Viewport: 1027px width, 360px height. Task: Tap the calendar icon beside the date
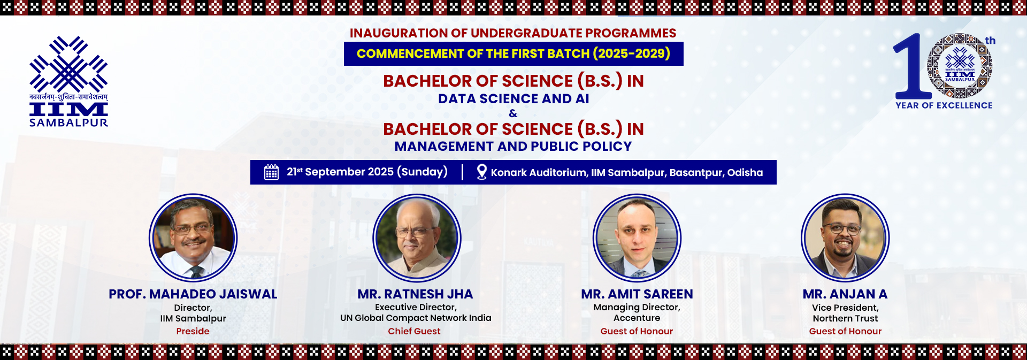[x=271, y=172]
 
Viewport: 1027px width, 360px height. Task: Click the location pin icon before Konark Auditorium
[x=481, y=172]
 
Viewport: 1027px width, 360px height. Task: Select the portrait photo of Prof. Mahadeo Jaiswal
[x=193, y=238]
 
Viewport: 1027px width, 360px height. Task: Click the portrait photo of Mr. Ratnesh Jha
[x=417, y=238]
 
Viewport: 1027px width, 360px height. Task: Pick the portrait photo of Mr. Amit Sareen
[x=637, y=238]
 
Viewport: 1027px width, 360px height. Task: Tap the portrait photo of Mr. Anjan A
[x=845, y=238]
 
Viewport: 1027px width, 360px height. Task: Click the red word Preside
[x=193, y=331]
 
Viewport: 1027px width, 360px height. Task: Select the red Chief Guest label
[x=415, y=331]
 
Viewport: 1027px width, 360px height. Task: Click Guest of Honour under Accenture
[x=637, y=331]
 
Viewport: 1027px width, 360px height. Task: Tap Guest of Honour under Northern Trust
[x=845, y=331]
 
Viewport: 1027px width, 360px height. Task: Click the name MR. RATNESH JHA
[x=416, y=294]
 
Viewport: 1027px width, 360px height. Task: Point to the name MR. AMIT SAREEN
[x=637, y=294]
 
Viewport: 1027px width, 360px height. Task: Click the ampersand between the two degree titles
[x=513, y=113]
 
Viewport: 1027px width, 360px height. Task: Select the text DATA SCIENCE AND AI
[x=513, y=99]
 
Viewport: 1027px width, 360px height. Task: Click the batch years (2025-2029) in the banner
[x=631, y=53]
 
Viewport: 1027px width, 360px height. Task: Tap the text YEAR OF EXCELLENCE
[x=944, y=105]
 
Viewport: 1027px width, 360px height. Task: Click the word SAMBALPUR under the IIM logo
[x=68, y=122]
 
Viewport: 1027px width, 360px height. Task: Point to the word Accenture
[x=637, y=318]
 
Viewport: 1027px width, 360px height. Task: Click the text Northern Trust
[x=845, y=318]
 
